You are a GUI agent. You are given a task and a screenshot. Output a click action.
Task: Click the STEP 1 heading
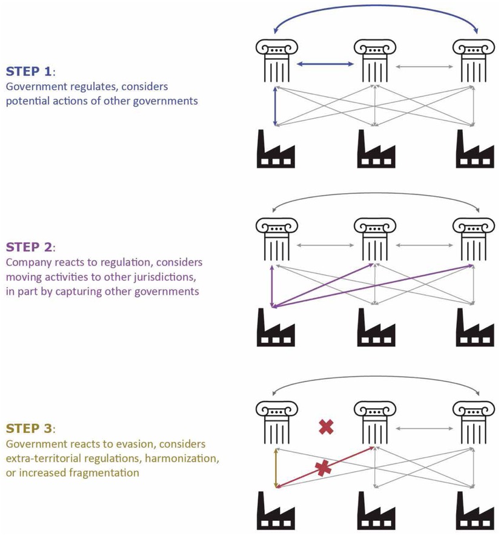(x=30, y=70)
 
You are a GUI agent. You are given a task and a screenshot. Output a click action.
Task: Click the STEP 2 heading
(x=30, y=246)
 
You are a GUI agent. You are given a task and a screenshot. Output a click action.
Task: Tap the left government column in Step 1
(x=276, y=60)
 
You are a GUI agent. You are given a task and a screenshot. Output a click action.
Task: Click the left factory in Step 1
(x=276, y=149)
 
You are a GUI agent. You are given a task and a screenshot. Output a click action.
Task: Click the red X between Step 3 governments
(x=326, y=428)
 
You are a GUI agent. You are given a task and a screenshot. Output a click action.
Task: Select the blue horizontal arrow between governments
(x=325, y=62)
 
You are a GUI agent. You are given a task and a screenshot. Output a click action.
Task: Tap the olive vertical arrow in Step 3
(x=276, y=468)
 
